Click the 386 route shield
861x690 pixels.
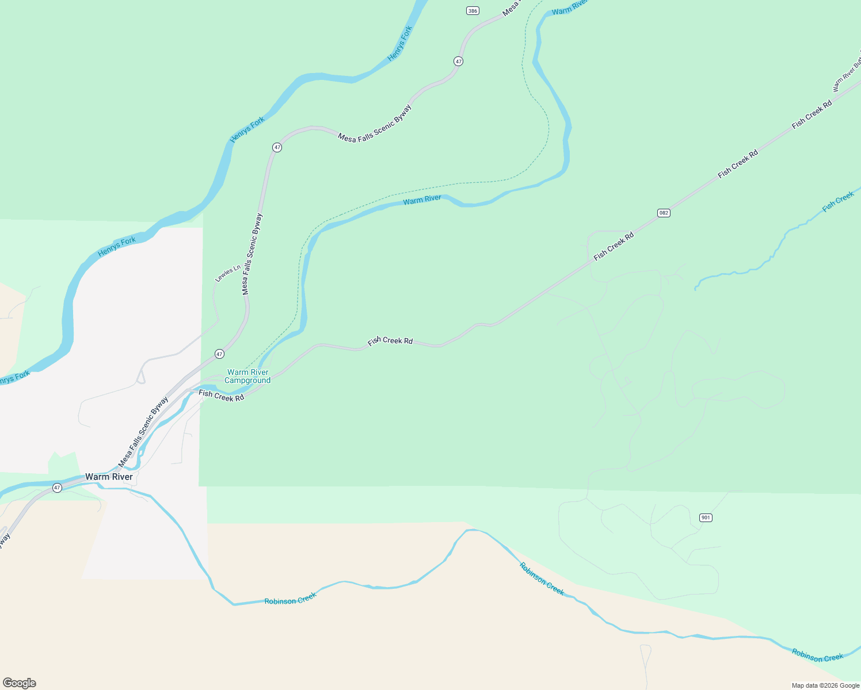473,11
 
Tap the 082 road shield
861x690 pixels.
664,213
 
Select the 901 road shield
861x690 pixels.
706,517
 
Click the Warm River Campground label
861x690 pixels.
247,376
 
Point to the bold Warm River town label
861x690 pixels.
109,477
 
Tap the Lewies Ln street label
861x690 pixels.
227,273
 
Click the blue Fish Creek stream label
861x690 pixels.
838,202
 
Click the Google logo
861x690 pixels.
19,683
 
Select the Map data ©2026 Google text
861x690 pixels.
825,685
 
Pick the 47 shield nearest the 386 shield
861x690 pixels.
458,61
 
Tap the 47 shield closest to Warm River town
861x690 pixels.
56,488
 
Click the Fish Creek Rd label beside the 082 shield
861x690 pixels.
614,246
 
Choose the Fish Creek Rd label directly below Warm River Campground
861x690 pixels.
222,396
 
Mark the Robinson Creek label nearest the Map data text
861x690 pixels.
817,655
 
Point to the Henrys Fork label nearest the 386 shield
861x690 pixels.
400,44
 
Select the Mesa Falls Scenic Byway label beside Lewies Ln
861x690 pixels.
252,254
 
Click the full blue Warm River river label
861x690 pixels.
422,200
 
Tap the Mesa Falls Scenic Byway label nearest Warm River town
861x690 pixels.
143,431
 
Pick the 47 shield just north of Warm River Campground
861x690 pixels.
219,354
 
